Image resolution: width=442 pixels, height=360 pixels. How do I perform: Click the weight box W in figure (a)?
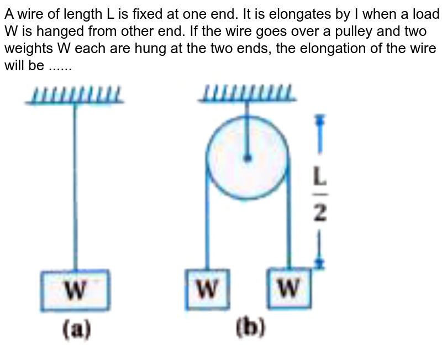[x=75, y=290]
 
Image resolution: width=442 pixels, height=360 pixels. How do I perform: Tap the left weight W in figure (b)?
[x=207, y=289]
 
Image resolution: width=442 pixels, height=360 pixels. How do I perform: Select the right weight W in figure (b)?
[x=289, y=288]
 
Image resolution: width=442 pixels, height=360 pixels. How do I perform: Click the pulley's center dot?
[x=248, y=158]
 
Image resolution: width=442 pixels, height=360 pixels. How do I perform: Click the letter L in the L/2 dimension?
[x=320, y=178]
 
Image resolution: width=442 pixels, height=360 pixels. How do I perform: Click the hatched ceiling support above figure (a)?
[x=75, y=95]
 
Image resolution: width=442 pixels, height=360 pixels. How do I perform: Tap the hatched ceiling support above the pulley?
[x=247, y=94]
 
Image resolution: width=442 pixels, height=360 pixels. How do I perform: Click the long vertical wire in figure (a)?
[x=75, y=188]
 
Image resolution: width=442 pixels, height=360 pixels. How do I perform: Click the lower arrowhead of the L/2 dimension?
[x=318, y=264]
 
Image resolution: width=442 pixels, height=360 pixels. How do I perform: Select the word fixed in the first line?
[x=160, y=12]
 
